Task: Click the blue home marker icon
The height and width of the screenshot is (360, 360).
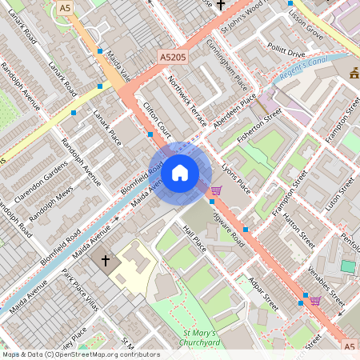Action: click(x=180, y=173)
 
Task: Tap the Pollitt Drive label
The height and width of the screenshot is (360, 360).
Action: click(x=286, y=52)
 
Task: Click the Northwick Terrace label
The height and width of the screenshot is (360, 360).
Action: click(x=187, y=102)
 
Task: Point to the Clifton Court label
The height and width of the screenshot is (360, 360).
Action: click(x=157, y=118)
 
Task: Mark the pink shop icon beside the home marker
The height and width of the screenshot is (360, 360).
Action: click(x=215, y=190)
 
